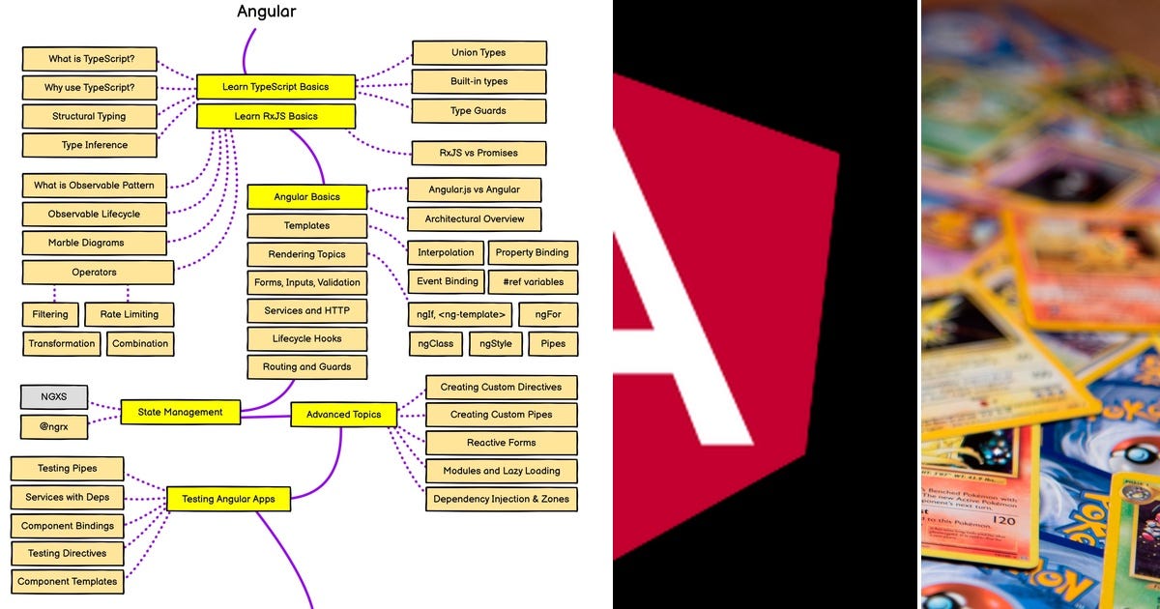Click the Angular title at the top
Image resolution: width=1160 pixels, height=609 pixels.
tap(267, 13)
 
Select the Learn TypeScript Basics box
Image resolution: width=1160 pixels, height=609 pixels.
tap(275, 87)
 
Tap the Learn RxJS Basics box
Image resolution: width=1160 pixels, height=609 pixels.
tap(275, 117)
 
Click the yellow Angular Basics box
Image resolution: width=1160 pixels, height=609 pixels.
tap(306, 197)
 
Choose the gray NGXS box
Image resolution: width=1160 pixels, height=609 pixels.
tap(54, 396)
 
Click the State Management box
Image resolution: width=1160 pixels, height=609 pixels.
tap(180, 412)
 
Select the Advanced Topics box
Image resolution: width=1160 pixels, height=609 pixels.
tap(343, 415)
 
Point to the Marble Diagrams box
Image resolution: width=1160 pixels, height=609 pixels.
tap(86, 243)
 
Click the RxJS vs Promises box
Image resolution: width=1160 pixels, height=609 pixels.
tap(478, 153)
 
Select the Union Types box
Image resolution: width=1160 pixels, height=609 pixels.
tap(478, 53)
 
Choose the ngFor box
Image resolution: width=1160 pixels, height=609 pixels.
tap(548, 314)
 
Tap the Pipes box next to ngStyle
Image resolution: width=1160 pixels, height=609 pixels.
tap(553, 344)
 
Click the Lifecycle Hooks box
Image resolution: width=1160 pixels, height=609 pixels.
tap(306, 339)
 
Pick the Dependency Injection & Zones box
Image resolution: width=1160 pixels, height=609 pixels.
tap(501, 500)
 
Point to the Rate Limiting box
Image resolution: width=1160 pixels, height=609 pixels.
tap(129, 314)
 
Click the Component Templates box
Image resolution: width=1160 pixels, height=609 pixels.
tap(68, 582)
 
